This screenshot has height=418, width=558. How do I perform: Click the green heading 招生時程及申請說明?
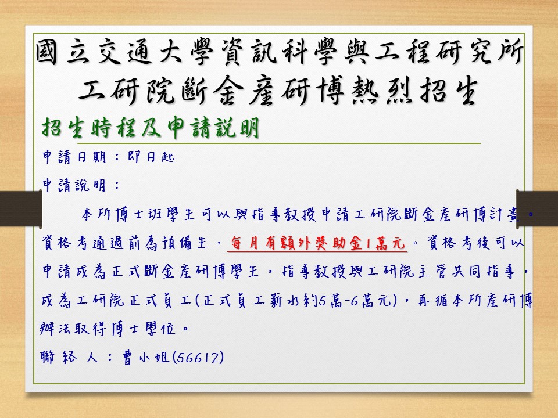click(150, 127)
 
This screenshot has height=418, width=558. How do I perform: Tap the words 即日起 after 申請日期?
click(151, 157)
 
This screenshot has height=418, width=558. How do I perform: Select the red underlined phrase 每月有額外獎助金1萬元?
click(317, 243)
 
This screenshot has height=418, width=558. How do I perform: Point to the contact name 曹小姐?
click(145, 357)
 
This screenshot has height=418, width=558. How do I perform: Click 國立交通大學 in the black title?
click(124, 52)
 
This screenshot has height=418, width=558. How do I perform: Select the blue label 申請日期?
click(74, 157)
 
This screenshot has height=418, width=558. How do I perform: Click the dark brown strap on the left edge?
click(21, 208)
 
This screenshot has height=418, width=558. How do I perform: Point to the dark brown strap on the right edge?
click(537, 208)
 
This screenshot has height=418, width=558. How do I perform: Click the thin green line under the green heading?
click(262, 143)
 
